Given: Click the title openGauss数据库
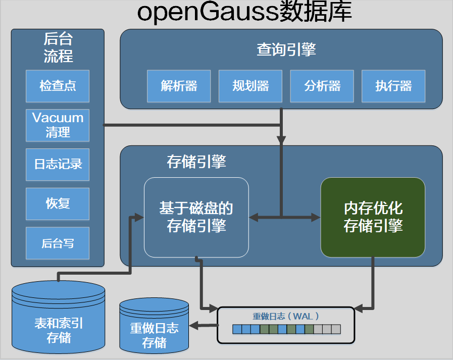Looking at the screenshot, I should click(x=244, y=13).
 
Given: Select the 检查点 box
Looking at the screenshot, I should click(x=58, y=86).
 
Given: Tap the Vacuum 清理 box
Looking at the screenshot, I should click(x=58, y=125).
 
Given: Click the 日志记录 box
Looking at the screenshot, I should click(x=58, y=164).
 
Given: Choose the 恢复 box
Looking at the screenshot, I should click(x=58, y=203).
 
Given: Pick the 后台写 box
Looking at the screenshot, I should click(x=58, y=243).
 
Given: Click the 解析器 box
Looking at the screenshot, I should click(x=179, y=86).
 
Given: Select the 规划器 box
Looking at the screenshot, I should click(x=250, y=86).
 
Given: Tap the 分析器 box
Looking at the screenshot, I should click(x=322, y=86).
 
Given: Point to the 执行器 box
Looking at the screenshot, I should click(x=393, y=86).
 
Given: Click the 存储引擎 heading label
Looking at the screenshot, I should click(x=196, y=162).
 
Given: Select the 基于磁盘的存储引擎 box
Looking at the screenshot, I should click(x=196, y=217).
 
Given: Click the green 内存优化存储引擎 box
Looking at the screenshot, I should click(x=373, y=217).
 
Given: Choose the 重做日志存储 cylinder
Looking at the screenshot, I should click(x=154, y=331).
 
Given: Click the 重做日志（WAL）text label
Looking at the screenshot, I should click(x=286, y=316).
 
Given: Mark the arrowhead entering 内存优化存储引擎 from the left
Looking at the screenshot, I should click(x=316, y=218).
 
